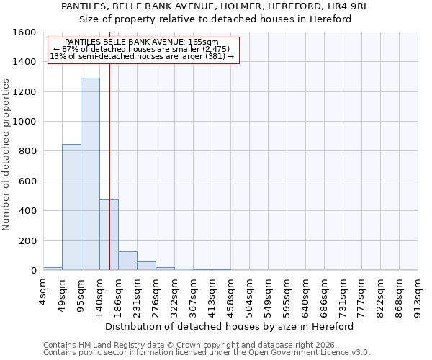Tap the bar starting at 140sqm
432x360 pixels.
tap(109, 235)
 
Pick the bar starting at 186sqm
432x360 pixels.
tap(127, 261)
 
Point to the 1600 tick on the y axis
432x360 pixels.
tap(25, 32)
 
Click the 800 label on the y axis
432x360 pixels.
tap(28, 151)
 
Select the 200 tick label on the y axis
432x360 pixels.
tap(28, 240)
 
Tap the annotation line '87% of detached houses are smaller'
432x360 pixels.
tap(142, 49)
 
